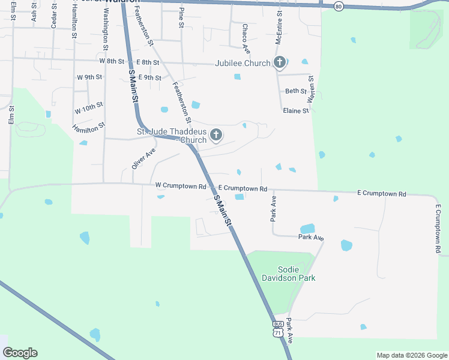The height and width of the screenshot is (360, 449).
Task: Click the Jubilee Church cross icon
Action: coord(280,62)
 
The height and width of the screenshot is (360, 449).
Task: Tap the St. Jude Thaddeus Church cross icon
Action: coord(215,134)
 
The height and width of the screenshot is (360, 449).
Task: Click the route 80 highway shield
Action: coord(339,6)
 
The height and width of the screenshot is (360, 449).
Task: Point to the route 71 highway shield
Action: coord(277,332)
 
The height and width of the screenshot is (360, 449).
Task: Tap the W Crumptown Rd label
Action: coord(180,186)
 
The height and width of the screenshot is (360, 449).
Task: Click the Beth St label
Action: coord(295,91)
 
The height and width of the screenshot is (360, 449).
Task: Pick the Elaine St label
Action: coord(296,111)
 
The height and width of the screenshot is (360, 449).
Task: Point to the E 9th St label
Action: coord(149,77)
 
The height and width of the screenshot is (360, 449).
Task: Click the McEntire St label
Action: coord(279,28)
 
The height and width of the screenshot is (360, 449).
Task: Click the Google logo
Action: coord(20,353)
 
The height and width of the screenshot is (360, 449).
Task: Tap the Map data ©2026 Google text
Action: coord(411,355)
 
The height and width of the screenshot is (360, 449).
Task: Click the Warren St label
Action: coord(311,88)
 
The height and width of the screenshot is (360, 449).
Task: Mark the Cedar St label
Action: coord(53,19)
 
